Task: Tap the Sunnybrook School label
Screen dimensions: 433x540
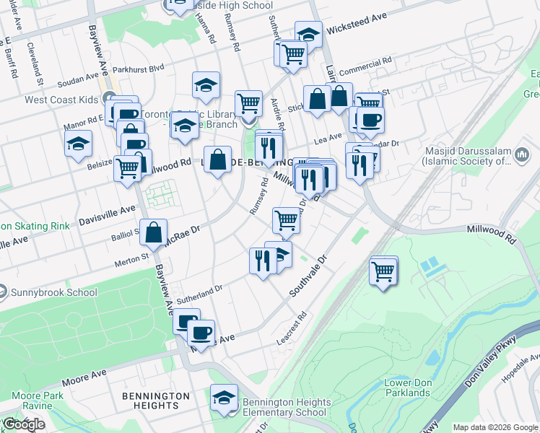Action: coord(54,292)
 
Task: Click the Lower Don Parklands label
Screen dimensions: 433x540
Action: coord(407,388)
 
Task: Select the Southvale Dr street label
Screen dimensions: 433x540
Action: coord(309,275)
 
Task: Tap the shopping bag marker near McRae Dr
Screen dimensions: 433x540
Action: coord(154,232)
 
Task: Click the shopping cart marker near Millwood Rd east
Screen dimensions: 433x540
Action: coord(383,271)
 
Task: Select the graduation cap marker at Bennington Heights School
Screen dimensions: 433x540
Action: coord(224,398)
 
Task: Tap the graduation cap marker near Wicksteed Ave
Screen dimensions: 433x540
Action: coord(308,34)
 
